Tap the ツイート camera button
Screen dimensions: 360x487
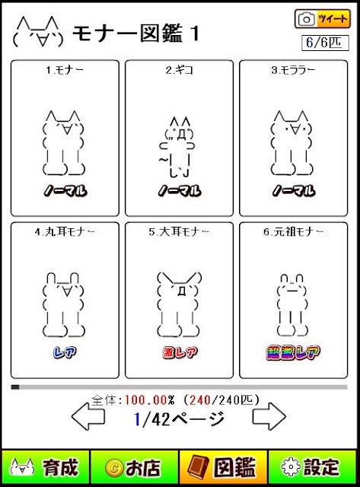323,19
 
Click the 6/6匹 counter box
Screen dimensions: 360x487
325,43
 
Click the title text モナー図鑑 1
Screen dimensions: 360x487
135,33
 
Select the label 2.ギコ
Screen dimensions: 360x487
179,70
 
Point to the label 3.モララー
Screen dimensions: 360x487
293,70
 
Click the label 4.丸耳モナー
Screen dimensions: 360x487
65,231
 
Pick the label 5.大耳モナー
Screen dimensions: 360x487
179,231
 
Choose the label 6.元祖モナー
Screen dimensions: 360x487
294,231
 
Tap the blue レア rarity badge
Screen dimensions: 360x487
65,352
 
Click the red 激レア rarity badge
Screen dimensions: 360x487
180,352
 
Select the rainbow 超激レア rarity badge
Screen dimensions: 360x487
293,352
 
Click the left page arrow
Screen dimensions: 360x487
88,416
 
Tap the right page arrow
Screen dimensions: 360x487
269,416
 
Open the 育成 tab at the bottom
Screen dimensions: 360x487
46,467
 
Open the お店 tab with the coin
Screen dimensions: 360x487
134,467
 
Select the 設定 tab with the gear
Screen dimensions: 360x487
313,467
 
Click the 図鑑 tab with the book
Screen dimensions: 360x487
223,467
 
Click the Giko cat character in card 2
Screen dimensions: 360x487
177,147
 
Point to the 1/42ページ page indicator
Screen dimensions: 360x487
179,419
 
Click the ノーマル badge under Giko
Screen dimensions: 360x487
180,190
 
